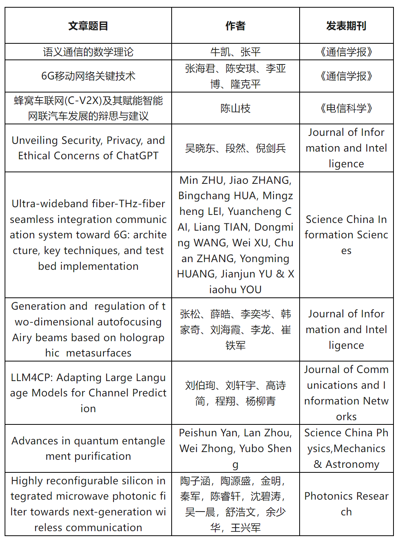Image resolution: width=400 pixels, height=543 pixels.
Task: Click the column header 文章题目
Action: [x=88, y=26]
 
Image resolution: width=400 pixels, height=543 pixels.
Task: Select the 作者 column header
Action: [x=235, y=26]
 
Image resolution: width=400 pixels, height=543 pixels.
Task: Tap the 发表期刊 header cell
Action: [x=346, y=26]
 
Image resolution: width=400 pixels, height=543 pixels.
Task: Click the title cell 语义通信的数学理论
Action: [x=88, y=52]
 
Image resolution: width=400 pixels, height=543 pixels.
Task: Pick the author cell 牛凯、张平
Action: [x=235, y=52]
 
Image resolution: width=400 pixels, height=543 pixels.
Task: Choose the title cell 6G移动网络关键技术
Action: [x=88, y=76]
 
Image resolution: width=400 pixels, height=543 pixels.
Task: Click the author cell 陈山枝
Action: [x=235, y=108]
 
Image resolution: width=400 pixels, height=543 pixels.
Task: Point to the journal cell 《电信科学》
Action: [x=346, y=108]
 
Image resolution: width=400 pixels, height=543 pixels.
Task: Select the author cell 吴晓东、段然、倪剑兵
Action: [x=235, y=148]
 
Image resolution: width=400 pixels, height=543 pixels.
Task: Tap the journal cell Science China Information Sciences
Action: [x=346, y=235]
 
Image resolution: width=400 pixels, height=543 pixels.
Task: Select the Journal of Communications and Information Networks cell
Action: [x=346, y=393]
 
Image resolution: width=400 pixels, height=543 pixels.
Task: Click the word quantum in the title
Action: [x=93, y=441]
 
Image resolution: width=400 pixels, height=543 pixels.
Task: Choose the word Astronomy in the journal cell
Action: [x=352, y=464]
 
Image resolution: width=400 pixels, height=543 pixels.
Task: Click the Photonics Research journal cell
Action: [x=346, y=504]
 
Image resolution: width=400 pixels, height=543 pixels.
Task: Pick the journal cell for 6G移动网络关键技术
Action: [x=346, y=76]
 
